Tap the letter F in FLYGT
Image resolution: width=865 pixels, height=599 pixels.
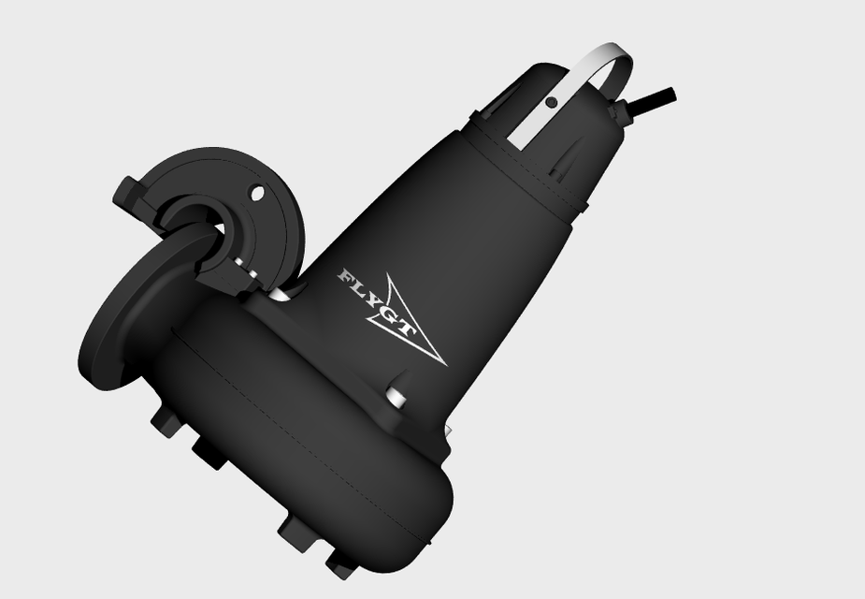click(x=347, y=276)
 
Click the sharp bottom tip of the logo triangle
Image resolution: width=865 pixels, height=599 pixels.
click(x=443, y=363)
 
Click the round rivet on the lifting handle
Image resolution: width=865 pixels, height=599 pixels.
click(x=552, y=103)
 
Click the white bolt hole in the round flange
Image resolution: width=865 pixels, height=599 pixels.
click(x=258, y=194)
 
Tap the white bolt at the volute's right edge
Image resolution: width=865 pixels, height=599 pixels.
click(x=448, y=432)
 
